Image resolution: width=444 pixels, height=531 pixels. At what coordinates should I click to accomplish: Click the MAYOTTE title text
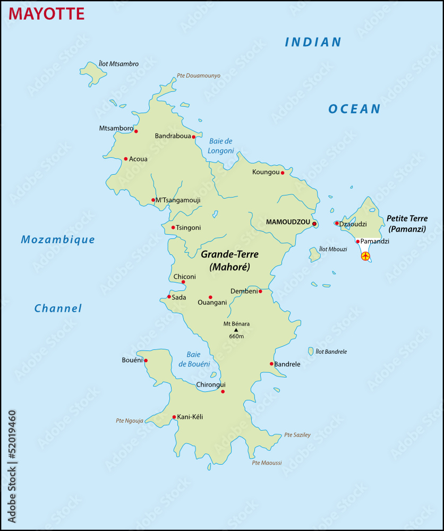pos(47,13)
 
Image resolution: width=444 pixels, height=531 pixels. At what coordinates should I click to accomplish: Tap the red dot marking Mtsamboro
pos(136,131)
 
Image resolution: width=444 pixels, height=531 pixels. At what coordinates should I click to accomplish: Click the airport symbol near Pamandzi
pos(365,256)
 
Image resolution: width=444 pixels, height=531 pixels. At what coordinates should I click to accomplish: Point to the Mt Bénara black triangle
pos(236,330)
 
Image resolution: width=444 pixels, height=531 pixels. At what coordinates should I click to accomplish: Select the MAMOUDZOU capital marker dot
pos(314,224)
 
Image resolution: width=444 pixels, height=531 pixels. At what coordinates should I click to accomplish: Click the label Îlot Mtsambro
pos(119,64)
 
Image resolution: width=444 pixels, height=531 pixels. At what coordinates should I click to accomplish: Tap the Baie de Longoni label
pos(221,146)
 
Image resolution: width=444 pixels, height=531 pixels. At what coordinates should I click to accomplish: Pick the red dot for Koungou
pos(283,173)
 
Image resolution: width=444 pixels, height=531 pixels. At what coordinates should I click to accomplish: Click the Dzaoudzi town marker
pos(337,223)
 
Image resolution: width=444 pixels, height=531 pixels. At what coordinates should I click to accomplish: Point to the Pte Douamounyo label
pos(199,76)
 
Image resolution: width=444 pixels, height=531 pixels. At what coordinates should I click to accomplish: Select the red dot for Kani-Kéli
pos(174,417)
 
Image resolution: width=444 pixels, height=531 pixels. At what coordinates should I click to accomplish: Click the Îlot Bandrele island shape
pos(311,351)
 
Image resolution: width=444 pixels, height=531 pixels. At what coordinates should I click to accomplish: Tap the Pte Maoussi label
pos(267,463)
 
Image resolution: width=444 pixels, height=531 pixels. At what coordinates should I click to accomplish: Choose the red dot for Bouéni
pos(146,361)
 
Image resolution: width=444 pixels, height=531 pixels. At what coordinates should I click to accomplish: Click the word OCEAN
pos(354,109)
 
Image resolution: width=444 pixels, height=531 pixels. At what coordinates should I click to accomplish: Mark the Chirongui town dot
pos(223,392)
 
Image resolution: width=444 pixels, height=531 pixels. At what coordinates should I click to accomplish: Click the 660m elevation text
pos(236,337)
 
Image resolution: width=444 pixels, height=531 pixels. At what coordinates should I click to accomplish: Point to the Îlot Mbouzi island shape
pos(314,255)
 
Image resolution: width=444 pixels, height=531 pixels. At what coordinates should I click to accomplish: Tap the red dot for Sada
pos(169,297)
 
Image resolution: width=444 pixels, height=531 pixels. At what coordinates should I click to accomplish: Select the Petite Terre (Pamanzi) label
pos(407,224)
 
